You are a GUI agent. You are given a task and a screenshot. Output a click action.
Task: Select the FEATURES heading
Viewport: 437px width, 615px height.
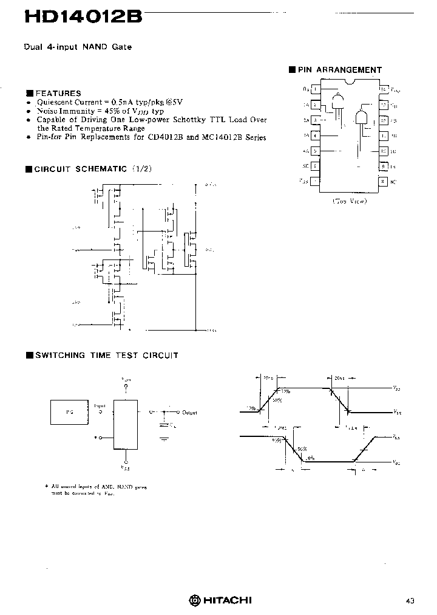pyautogui.click(x=58, y=93)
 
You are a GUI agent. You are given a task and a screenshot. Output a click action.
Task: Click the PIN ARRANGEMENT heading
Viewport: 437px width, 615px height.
pyautogui.click(x=339, y=70)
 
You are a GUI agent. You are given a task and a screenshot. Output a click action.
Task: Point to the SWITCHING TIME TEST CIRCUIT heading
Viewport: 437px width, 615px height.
pyautogui.click(x=106, y=356)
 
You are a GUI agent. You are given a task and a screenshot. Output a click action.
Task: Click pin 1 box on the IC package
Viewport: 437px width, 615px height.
pyautogui.click(x=315, y=89)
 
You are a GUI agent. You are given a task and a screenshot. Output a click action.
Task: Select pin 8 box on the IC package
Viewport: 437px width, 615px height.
pyautogui.click(x=383, y=180)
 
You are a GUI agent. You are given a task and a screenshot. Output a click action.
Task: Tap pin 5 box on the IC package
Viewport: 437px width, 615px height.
pyautogui.click(x=315, y=150)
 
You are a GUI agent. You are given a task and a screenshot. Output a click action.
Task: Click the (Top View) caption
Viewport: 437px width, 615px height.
pyautogui.click(x=349, y=201)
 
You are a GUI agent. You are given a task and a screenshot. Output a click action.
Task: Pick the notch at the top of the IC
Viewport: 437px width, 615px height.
pyautogui.click(x=349, y=82)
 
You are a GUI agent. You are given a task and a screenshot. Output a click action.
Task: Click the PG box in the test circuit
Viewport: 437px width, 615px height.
pyautogui.click(x=69, y=412)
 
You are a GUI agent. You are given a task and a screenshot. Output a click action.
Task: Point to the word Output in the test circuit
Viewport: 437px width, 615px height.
pyautogui.click(x=190, y=412)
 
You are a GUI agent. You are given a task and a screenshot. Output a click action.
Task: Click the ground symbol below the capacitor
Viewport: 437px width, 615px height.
pyautogui.click(x=164, y=436)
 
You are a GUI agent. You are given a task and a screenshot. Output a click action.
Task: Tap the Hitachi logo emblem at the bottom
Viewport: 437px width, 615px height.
pyautogui.click(x=194, y=600)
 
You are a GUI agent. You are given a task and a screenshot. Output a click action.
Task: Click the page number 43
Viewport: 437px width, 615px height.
pyautogui.click(x=410, y=600)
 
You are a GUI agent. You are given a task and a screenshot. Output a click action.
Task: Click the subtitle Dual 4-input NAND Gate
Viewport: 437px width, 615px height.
pyautogui.click(x=78, y=47)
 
